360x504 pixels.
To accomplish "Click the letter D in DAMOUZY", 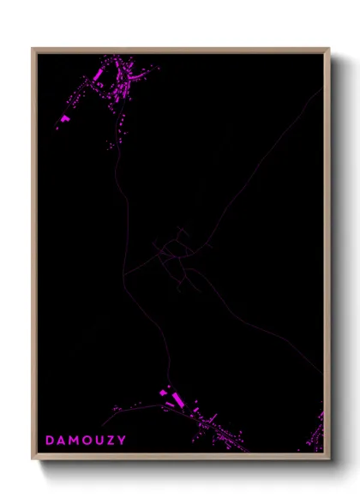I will (50, 441).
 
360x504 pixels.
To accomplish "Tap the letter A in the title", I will (62, 441).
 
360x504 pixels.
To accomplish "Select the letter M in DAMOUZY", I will (75, 441).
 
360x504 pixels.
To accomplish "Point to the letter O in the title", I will (89, 441).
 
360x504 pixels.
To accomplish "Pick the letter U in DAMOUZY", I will (101, 441).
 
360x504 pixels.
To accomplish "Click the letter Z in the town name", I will (112, 441).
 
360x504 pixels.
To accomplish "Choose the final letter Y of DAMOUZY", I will (123, 441).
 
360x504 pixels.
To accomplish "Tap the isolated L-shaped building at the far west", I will (64, 118).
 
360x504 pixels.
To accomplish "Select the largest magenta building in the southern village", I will (177, 400).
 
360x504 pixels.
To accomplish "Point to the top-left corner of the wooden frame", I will (33, 49).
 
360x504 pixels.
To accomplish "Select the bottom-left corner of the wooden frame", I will (33, 459).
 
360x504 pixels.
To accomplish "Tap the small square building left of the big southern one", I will (163, 393).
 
